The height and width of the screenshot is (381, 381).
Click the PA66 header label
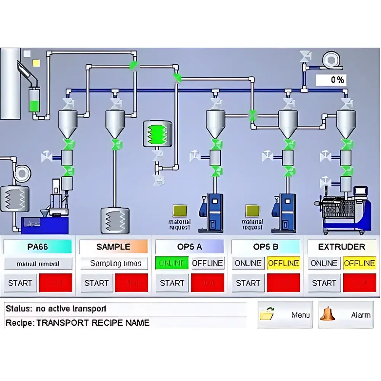click(x=38, y=247)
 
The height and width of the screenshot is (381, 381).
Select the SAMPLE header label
click(x=113, y=247)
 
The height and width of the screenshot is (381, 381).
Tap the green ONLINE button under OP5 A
click(x=171, y=263)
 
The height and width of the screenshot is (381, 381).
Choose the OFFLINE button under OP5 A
click(x=207, y=263)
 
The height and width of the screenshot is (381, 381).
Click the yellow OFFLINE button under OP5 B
click(x=283, y=263)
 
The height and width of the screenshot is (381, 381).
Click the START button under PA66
click(x=20, y=283)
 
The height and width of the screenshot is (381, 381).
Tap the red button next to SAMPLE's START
click(x=131, y=283)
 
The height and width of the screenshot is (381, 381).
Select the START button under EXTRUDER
click(x=324, y=283)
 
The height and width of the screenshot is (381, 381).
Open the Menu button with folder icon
click(x=285, y=315)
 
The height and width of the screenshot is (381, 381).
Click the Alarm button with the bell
click(x=346, y=315)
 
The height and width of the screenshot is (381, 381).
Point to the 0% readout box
click(x=331, y=80)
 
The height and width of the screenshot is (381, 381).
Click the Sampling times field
click(x=114, y=263)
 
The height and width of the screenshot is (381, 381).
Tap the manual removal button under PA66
click(x=38, y=263)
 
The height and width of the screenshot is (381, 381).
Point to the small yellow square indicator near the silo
click(x=37, y=63)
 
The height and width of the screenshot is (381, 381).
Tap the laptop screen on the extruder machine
click(x=360, y=192)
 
